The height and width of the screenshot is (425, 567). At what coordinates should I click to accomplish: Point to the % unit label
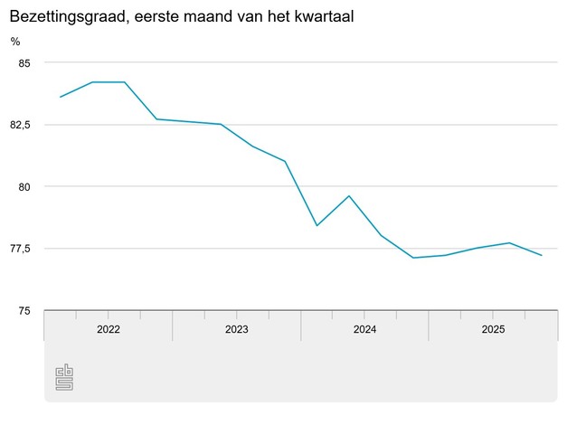coord(15,41)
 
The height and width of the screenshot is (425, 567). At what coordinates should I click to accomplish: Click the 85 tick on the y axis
coord(24,62)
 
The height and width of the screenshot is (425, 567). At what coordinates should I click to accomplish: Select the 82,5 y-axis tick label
coord(19,124)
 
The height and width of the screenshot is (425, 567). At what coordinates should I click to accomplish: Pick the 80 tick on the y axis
coord(24,186)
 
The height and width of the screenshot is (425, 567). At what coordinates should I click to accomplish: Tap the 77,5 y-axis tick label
coord(19,249)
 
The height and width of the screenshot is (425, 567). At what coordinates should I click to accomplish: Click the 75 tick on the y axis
coord(24,311)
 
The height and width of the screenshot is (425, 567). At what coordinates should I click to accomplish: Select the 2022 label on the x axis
coord(108,330)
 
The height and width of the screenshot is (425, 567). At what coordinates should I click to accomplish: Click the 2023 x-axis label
coord(236,330)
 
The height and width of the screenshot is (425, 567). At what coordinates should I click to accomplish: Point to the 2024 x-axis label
coord(364,330)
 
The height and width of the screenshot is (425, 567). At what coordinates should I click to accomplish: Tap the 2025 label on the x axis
coord(493,330)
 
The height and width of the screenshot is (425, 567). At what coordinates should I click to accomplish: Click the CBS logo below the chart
coord(64,377)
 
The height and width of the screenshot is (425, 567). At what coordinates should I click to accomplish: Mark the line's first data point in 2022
coord(61,97)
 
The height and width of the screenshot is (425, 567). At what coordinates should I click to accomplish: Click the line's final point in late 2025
coord(541,256)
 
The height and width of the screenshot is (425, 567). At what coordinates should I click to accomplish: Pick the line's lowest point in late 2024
coord(413,258)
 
